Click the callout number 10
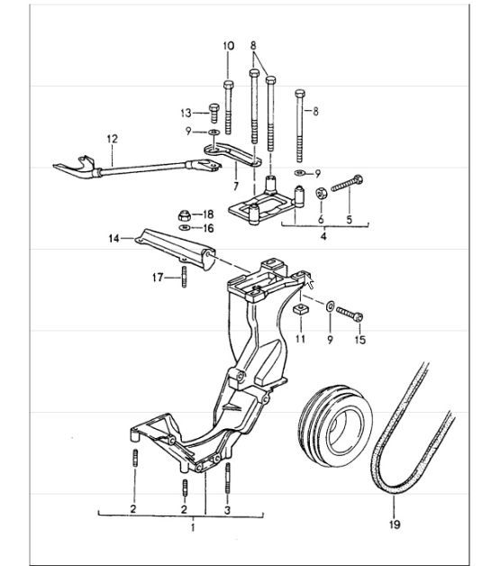coord(227,45)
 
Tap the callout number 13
coord(186,113)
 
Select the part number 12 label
coord(112,140)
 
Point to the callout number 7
coord(235,187)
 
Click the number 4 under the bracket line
coord(324,239)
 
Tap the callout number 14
coord(114,240)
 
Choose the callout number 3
coord(228,510)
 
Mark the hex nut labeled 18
coord(183,215)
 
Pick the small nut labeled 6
coord(321,193)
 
